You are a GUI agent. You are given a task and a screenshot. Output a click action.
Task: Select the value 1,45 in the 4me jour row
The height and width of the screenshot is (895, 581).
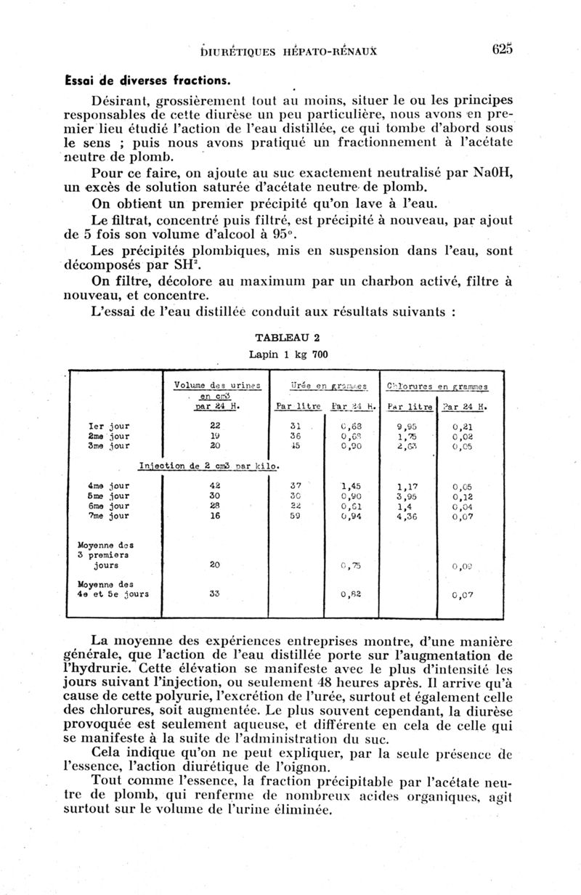pos(352,485)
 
